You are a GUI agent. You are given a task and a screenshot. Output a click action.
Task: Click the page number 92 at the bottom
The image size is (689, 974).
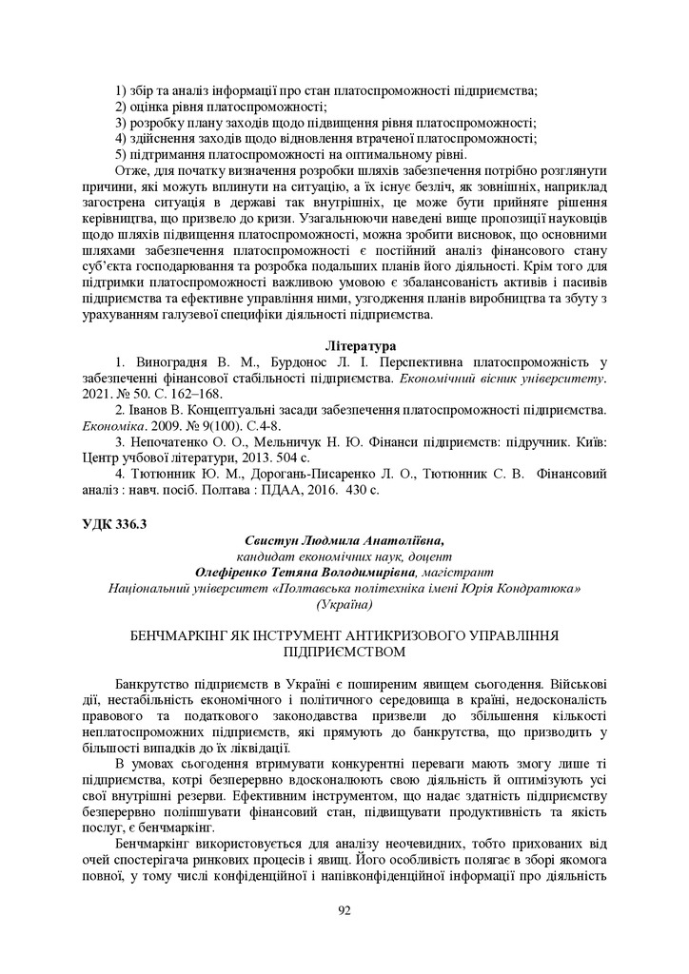click(x=344, y=910)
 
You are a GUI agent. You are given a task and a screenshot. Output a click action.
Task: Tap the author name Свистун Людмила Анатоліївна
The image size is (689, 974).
click(x=344, y=539)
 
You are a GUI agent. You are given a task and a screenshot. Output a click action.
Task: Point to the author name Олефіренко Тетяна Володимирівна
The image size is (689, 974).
click(x=305, y=573)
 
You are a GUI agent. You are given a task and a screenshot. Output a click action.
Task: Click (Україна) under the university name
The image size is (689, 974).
click(x=344, y=605)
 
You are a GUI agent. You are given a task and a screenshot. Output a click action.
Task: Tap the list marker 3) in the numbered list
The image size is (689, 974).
click(x=121, y=123)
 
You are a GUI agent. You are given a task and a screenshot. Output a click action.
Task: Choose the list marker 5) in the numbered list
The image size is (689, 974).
click(x=121, y=154)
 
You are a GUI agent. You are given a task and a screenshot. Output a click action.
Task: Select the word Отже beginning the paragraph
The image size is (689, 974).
click(x=131, y=170)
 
